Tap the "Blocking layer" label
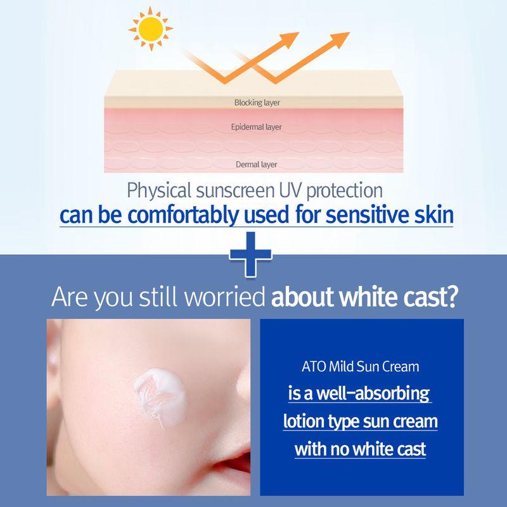click(x=257, y=102)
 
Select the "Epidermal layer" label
click(x=257, y=127)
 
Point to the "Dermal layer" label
click(x=257, y=165)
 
